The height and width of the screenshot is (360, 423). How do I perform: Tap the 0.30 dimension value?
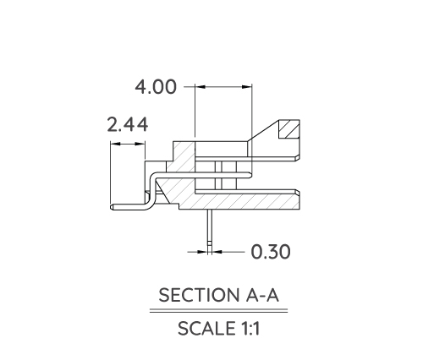pos(271,251)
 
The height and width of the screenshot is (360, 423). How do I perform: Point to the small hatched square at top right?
pos(290,130)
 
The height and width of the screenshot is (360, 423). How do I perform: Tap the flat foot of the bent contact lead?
pos(127,205)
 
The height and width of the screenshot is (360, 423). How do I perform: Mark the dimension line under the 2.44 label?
pos(127,145)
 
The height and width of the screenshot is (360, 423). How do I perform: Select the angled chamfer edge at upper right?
pos(263,131)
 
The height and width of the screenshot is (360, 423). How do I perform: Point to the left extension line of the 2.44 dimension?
pos(110,173)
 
